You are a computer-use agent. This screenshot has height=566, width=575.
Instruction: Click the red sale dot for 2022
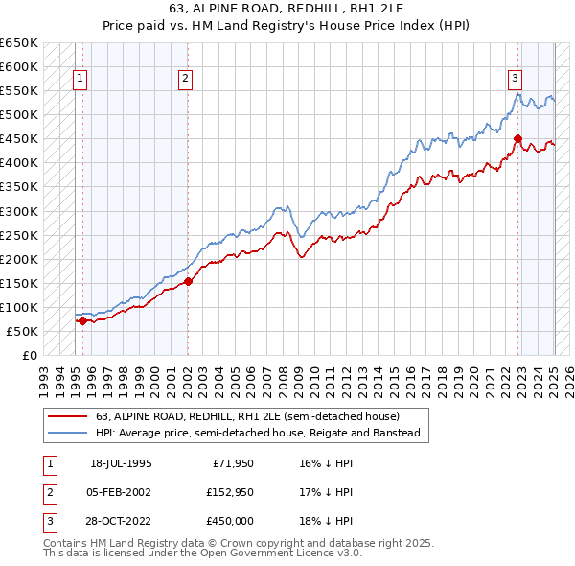[517, 138]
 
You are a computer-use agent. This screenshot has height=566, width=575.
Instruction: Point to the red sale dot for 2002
[188, 281]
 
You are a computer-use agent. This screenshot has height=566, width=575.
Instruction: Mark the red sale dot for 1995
[82, 320]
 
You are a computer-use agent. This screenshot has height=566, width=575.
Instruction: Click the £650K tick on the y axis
[19, 43]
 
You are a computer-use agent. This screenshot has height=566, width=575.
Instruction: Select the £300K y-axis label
[19, 211]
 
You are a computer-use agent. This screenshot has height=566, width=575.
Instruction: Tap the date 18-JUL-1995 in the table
[121, 462]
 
